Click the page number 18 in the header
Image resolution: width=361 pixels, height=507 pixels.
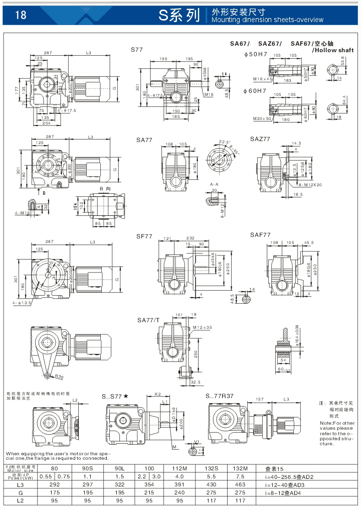point(21,15)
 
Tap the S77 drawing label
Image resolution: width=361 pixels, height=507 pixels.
point(137,50)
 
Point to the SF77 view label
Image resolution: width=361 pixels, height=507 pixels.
point(144,235)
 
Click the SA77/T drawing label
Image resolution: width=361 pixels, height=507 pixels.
point(148,320)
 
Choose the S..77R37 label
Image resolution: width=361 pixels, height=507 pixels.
point(220,396)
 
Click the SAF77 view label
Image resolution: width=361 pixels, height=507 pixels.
point(260,234)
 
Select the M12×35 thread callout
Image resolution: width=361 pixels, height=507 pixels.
point(203,327)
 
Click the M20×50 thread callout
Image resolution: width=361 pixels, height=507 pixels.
point(262,118)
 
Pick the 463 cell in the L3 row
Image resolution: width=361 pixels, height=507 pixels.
point(240,484)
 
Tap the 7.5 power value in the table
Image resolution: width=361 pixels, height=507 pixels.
point(240,476)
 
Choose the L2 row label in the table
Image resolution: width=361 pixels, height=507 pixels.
point(20,500)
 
